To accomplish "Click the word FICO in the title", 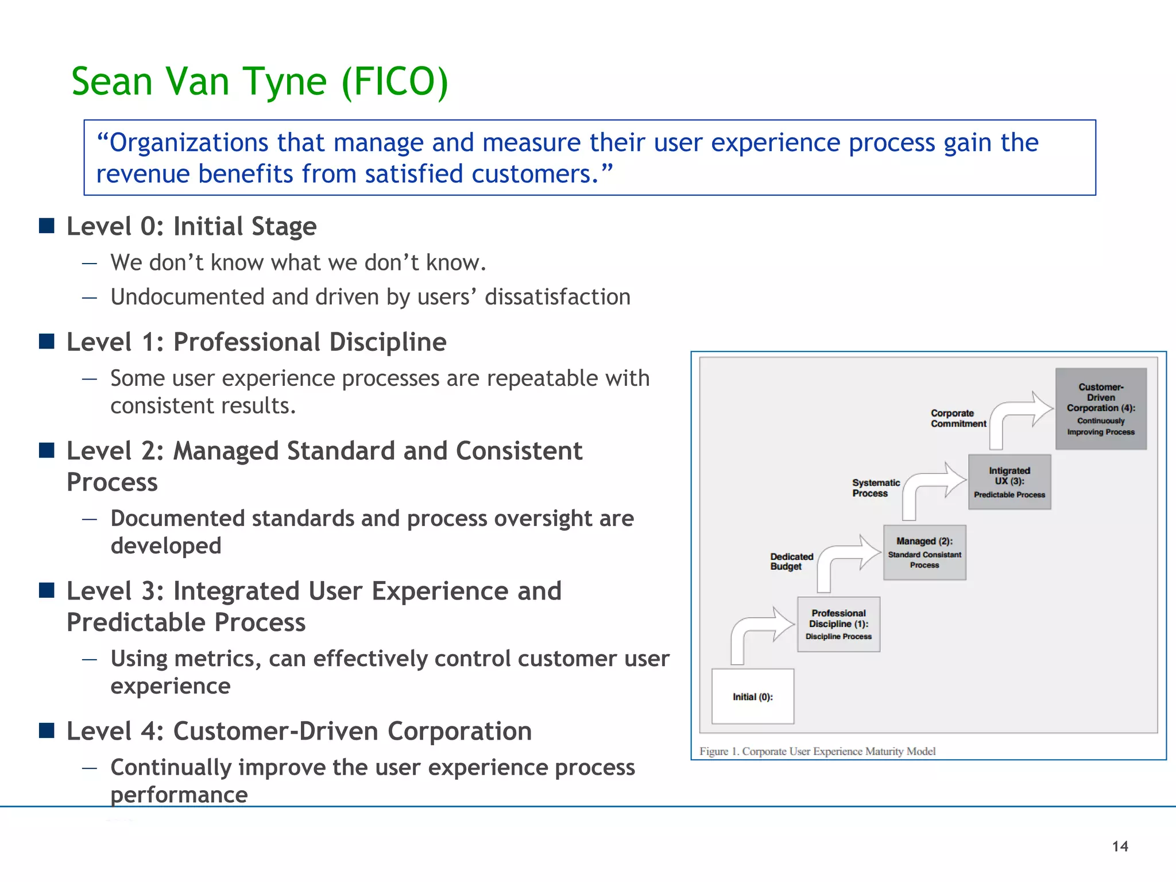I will [x=394, y=82].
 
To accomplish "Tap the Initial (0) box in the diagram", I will [x=752, y=697].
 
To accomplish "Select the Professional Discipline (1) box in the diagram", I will [x=838, y=624].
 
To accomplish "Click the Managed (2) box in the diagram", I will [x=924, y=552].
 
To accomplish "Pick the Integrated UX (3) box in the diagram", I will [x=1009, y=482].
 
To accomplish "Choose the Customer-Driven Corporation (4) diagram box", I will [x=1101, y=409].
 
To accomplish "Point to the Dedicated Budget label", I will [x=791, y=562].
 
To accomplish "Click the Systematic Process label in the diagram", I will [x=876, y=488].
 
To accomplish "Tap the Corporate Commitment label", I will [x=958, y=419].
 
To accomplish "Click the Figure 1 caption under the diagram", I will [x=817, y=751].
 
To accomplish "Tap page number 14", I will [x=1120, y=846].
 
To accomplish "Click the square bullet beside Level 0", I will [x=47, y=226].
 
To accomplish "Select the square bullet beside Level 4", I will [x=47, y=730].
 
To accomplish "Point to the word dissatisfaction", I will [x=557, y=297].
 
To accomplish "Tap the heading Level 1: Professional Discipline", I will [x=256, y=342].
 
